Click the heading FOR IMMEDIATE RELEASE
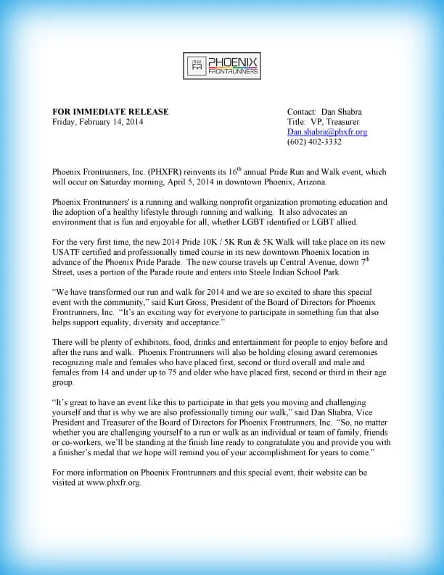110,112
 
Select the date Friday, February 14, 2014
98,122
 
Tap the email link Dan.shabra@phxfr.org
327,132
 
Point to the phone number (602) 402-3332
314,142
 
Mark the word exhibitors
141,341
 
